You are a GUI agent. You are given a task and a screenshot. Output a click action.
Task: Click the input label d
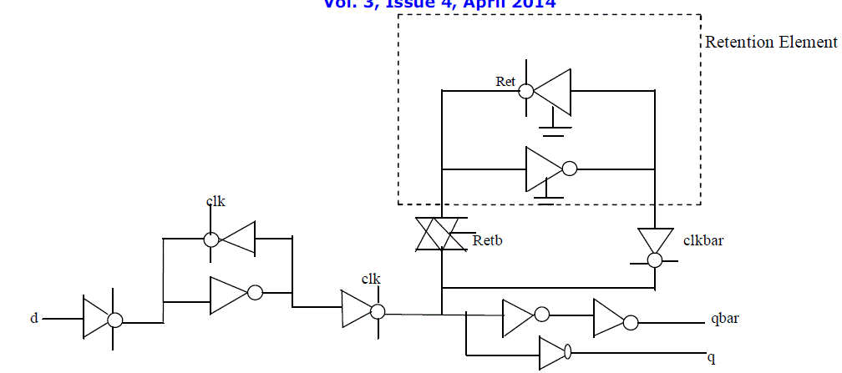pyautogui.click(x=34, y=318)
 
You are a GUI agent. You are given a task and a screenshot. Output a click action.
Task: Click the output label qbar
pyautogui.click(x=723, y=319)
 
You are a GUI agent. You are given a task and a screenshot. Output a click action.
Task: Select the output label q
pyautogui.click(x=712, y=358)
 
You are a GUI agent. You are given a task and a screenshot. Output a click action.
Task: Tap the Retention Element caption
pyautogui.click(x=770, y=42)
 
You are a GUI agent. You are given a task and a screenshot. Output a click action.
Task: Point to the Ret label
pyautogui.click(x=505, y=81)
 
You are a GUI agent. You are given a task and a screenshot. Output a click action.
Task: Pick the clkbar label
pyautogui.click(x=703, y=241)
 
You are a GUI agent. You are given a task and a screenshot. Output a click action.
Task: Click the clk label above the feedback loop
pyautogui.click(x=216, y=201)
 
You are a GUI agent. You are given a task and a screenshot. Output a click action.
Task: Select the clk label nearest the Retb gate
pyautogui.click(x=371, y=278)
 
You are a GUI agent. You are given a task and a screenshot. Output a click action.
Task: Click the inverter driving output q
pyautogui.click(x=553, y=353)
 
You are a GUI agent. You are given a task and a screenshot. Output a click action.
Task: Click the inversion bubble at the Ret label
pyautogui.click(x=526, y=89)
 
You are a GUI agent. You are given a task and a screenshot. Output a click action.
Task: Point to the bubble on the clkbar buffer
pyautogui.click(x=655, y=260)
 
